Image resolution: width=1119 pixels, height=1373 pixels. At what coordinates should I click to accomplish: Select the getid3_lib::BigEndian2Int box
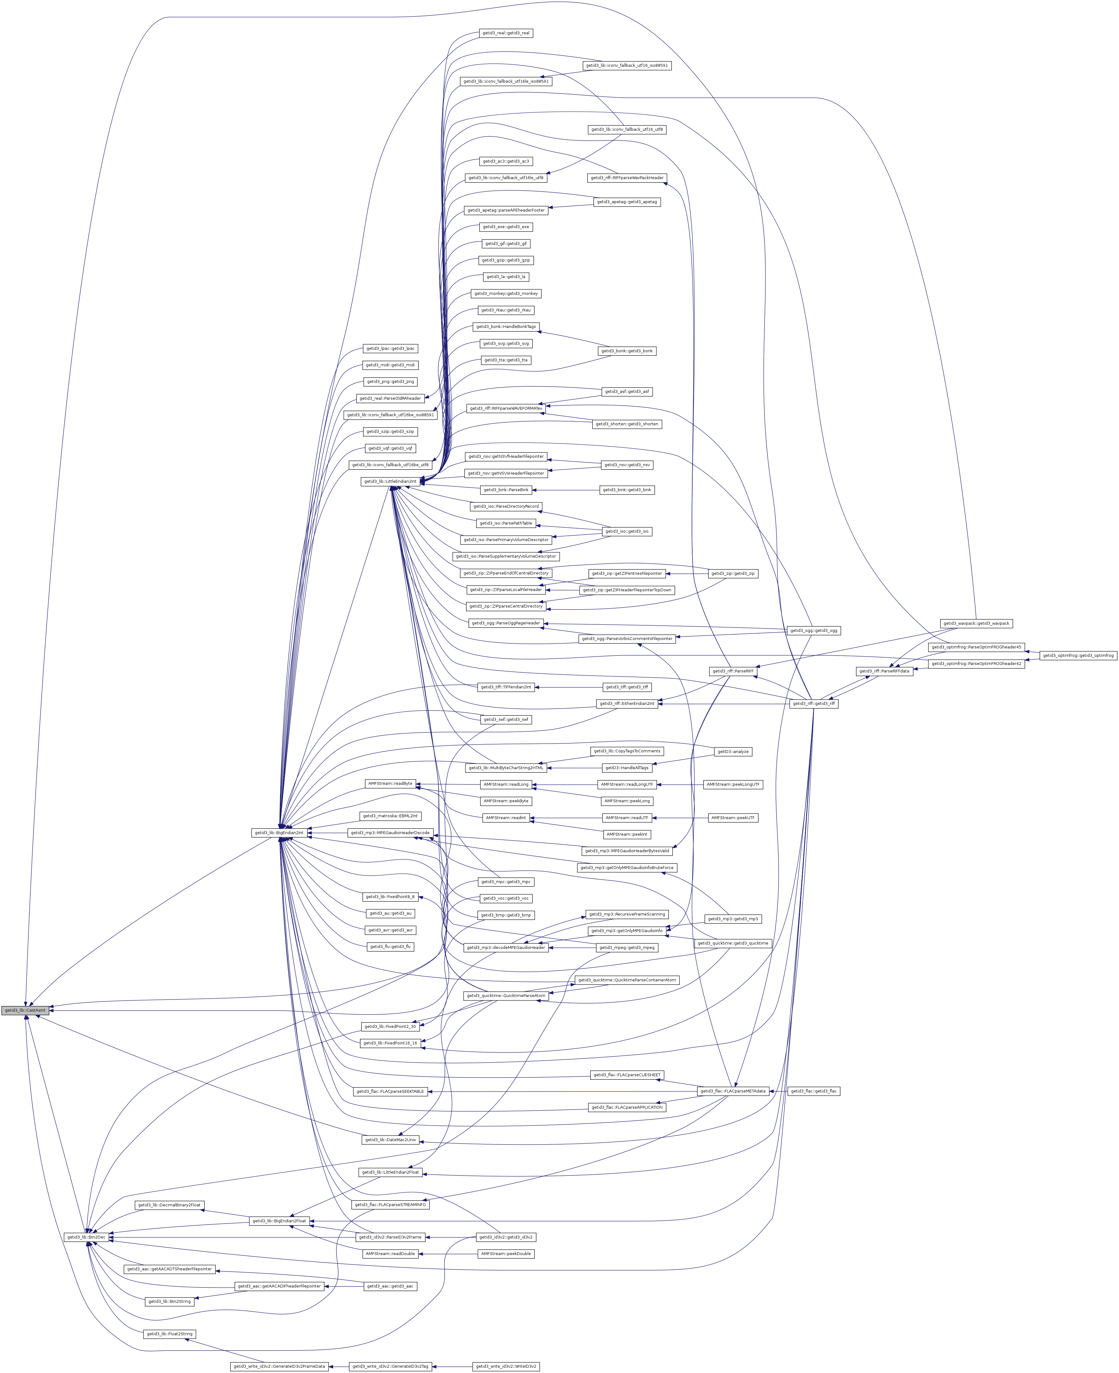coord(279,833)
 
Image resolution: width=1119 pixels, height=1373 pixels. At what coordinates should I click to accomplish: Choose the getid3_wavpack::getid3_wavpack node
coord(976,623)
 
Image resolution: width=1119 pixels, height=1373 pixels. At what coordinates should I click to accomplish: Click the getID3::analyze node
coord(733,752)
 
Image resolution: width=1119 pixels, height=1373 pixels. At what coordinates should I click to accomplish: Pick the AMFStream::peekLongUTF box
coord(733,784)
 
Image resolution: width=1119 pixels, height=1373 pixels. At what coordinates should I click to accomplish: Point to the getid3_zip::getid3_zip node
coord(733,573)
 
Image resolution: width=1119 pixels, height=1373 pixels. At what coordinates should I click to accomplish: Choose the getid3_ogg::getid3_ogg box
coord(814,630)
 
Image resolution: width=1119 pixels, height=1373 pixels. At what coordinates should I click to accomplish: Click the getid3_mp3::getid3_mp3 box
coord(733,919)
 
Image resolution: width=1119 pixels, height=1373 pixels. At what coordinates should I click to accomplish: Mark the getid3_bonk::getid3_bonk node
coord(626,351)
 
